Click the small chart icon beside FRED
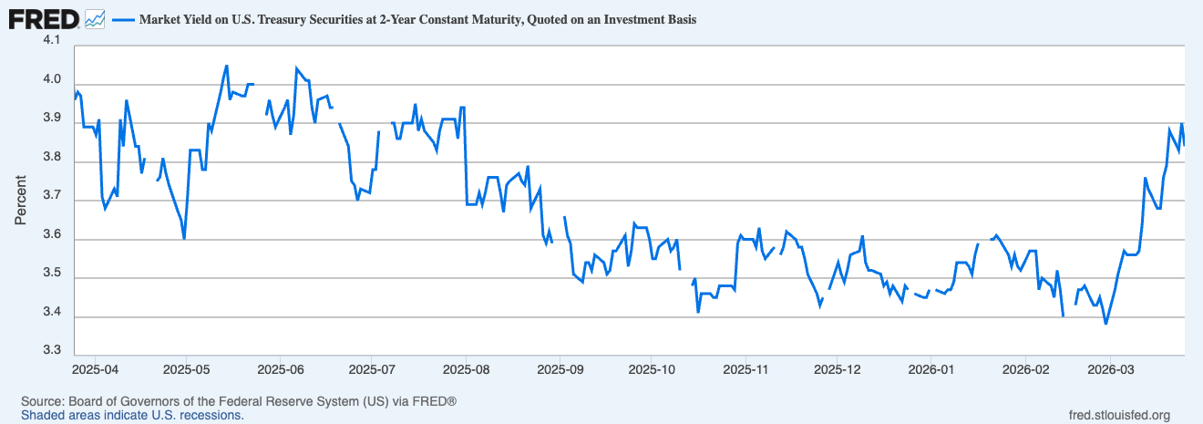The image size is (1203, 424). pos(95,18)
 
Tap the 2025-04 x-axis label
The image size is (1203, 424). pos(93,370)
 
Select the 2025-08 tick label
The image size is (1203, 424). pos(466,370)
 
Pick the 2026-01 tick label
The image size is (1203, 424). pos(931,370)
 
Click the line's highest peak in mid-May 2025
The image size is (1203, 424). pos(226,66)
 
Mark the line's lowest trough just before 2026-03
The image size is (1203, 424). pos(1106,324)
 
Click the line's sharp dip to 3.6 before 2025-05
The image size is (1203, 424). pos(184,239)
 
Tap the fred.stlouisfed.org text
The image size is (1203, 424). pos(1118,415)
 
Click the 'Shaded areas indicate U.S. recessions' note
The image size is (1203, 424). pos(132,415)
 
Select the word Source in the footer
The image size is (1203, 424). pos(41,401)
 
